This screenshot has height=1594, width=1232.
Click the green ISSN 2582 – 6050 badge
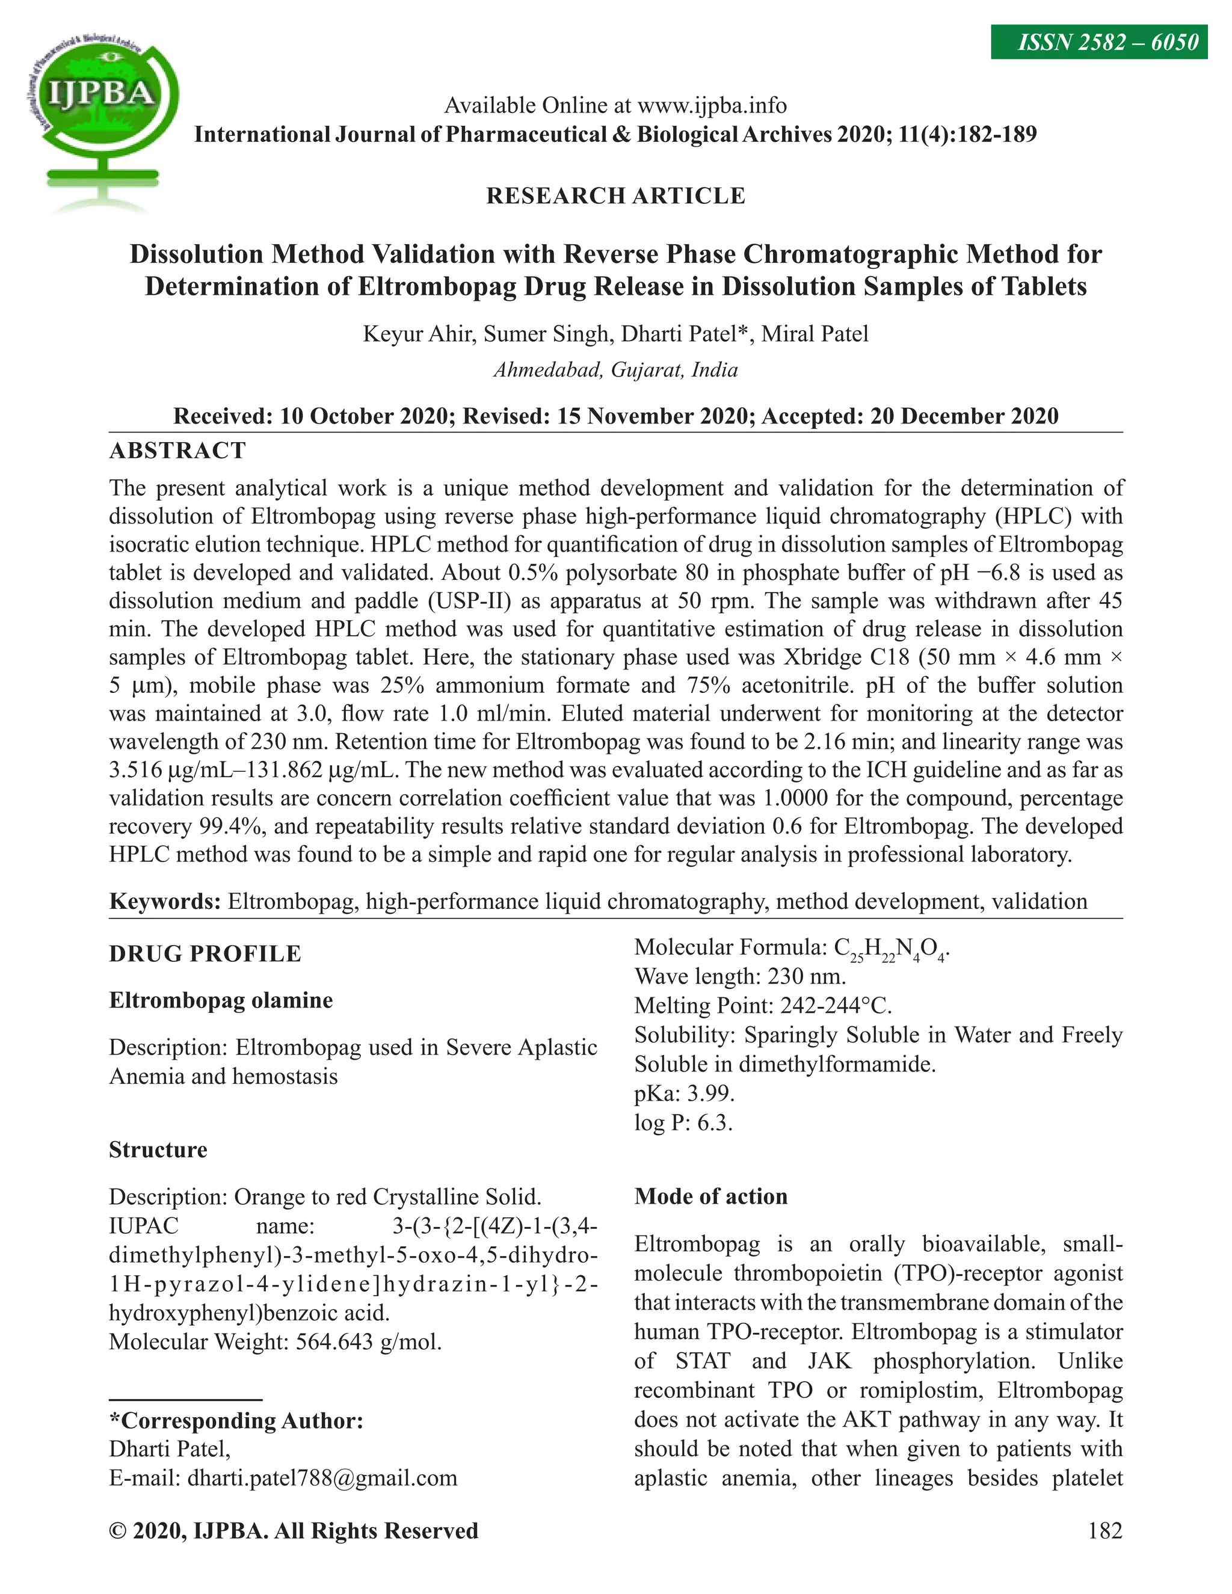tap(1098, 42)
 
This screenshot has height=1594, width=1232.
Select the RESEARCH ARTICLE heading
tap(615, 195)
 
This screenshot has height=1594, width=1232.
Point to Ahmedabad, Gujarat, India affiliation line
tap(615, 370)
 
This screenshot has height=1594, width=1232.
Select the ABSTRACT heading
tap(177, 451)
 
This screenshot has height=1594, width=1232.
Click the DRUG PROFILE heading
tap(205, 954)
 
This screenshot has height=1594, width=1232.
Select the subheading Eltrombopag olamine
tap(220, 1000)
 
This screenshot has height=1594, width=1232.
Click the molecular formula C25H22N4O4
tap(890, 949)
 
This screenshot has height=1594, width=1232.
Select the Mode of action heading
tap(710, 1196)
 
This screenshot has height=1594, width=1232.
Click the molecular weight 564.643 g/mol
tap(369, 1342)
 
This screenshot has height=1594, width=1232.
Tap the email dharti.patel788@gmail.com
tap(322, 1478)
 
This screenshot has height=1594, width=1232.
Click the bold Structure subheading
tap(158, 1150)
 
